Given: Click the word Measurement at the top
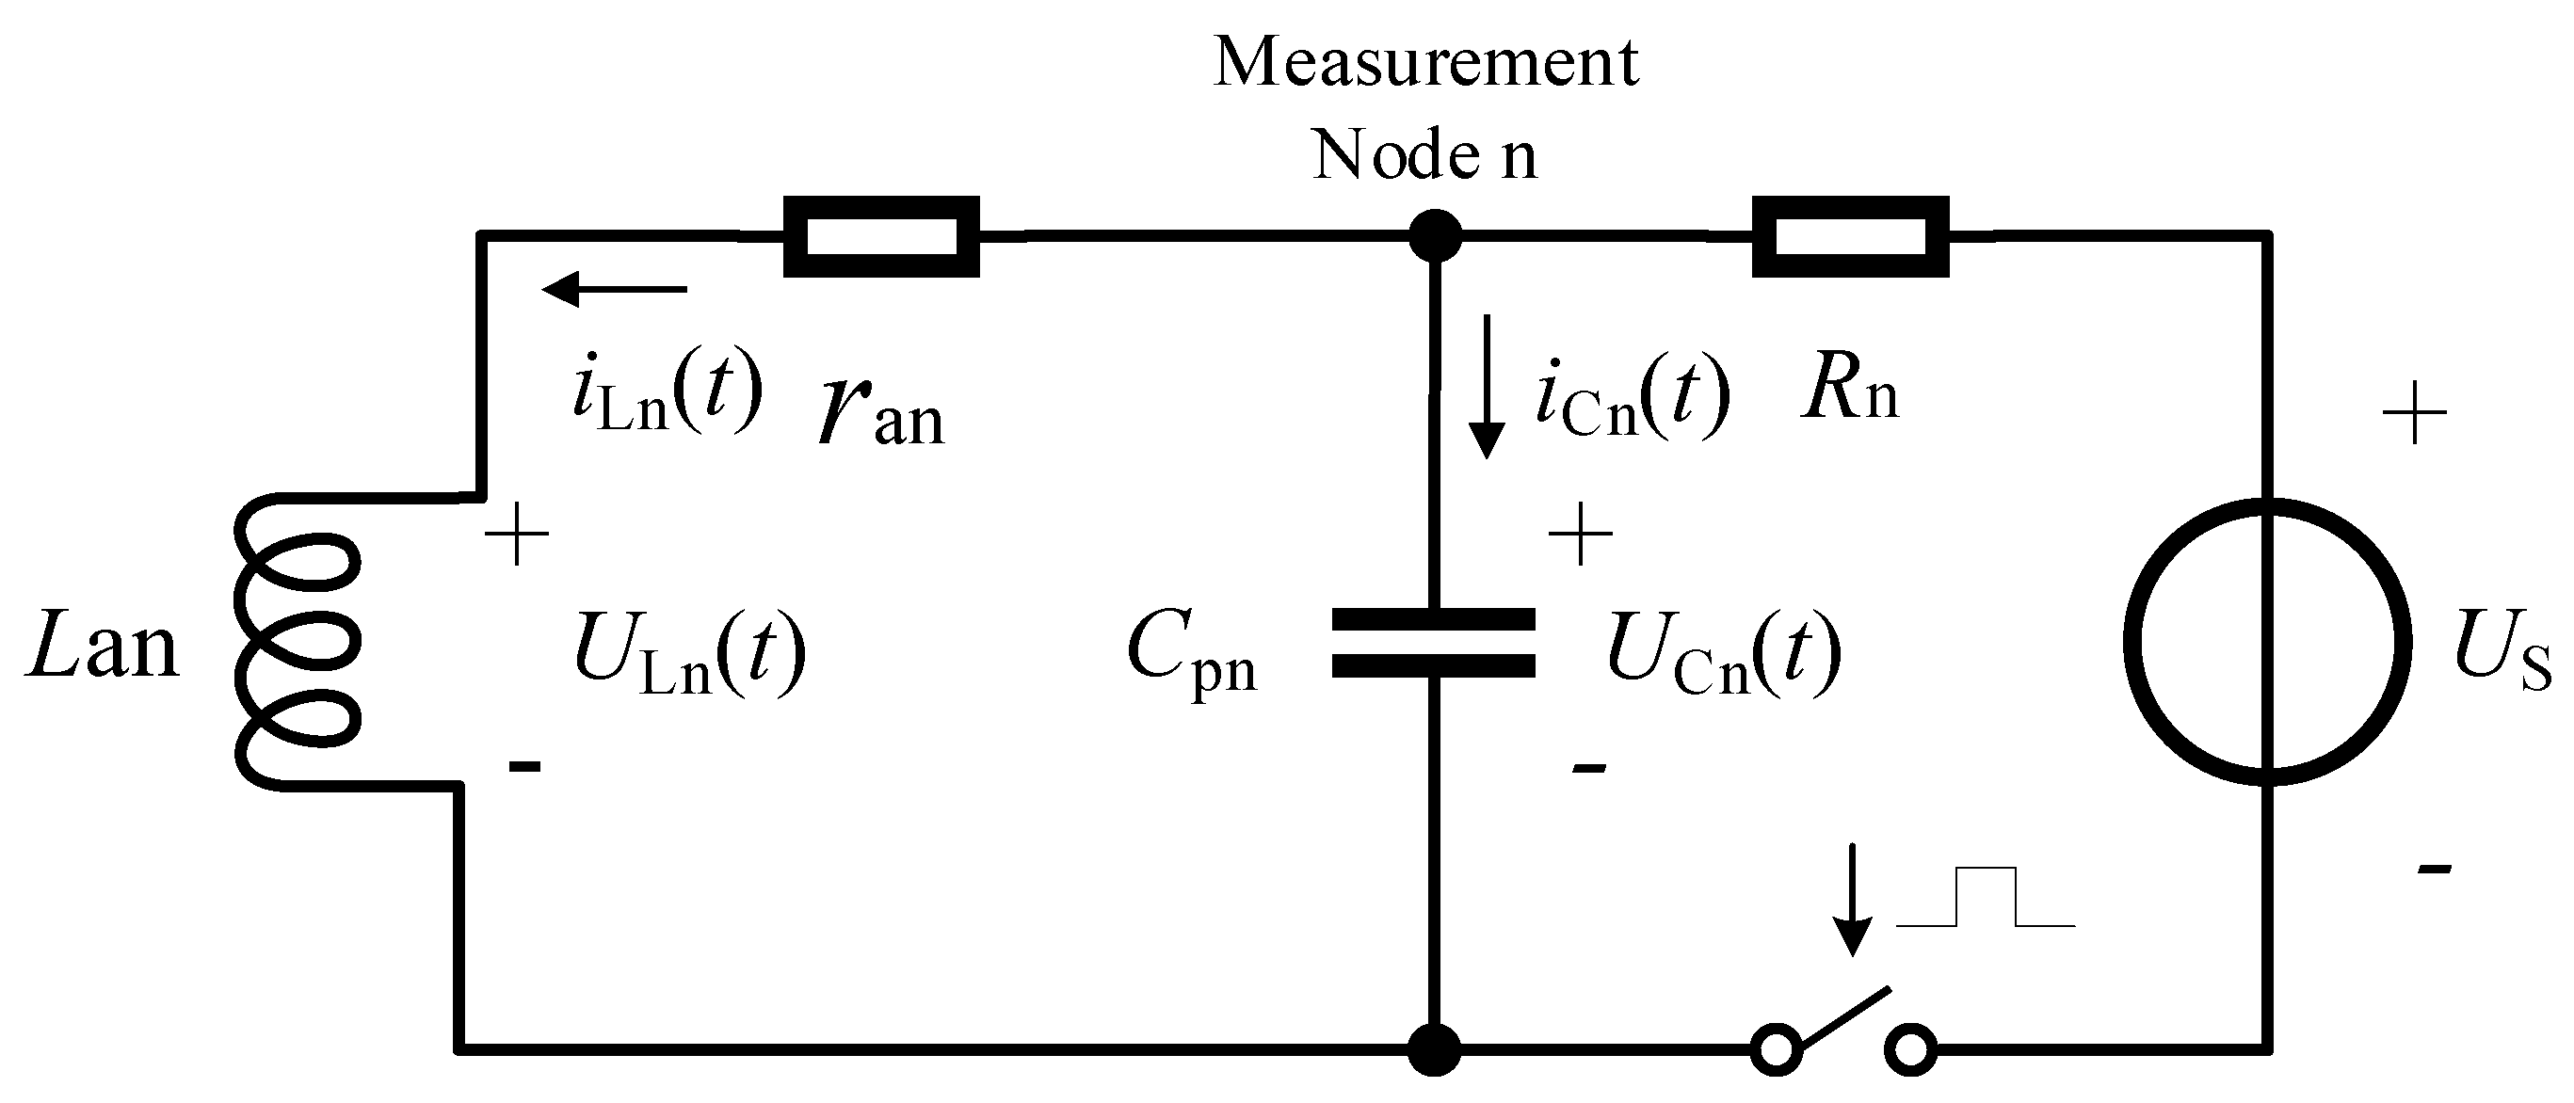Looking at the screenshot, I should [1426, 62].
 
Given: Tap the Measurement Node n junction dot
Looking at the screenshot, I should [1435, 237].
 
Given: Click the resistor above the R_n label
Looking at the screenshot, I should [1851, 237].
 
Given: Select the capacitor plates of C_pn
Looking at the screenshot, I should [1433, 643].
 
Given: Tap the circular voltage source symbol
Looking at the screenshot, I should [2267, 643].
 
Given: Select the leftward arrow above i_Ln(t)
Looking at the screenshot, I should [614, 290].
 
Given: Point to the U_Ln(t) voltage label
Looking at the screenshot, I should [689, 654].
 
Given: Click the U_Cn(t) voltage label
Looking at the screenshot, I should [1724, 654].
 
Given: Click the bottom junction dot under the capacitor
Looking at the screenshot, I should [1435, 1049].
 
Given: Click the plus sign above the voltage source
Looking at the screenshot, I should [2415, 411].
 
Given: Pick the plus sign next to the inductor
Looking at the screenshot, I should [517, 536].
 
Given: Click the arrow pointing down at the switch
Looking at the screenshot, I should [1854, 899].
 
